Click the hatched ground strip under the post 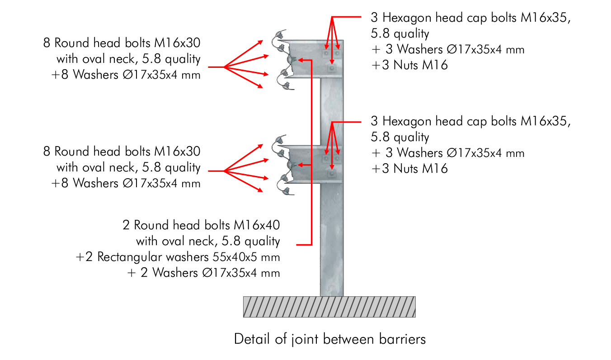point(329,307)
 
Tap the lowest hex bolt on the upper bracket point(332,68)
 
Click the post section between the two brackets point(332,111)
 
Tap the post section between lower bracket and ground point(332,240)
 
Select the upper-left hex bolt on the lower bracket point(326,159)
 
